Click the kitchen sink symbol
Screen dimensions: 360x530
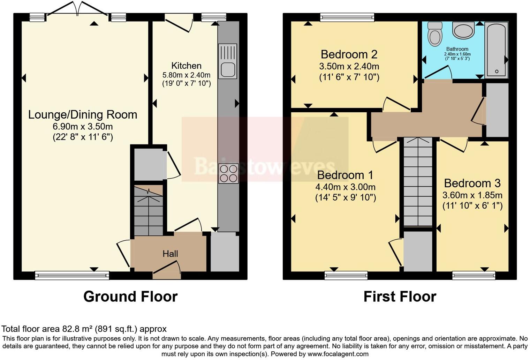click(228, 61)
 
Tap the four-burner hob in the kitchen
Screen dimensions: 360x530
click(228, 173)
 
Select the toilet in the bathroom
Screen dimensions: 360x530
click(434, 34)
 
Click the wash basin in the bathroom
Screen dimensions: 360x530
click(463, 30)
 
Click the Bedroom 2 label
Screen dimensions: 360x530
click(349, 54)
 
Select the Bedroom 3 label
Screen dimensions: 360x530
click(472, 183)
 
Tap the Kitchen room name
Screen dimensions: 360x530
click(186, 66)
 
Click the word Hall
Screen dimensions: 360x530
click(170, 254)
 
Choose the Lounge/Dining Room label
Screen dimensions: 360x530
click(83, 114)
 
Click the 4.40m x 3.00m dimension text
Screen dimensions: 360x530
click(345, 187)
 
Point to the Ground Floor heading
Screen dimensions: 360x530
click(130, 297)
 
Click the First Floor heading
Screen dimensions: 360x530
click(400, 297)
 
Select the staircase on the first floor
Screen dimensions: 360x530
click(418, 181)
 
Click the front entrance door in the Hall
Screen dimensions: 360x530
click(167, 270)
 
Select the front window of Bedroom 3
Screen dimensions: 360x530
click(474, 276)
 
